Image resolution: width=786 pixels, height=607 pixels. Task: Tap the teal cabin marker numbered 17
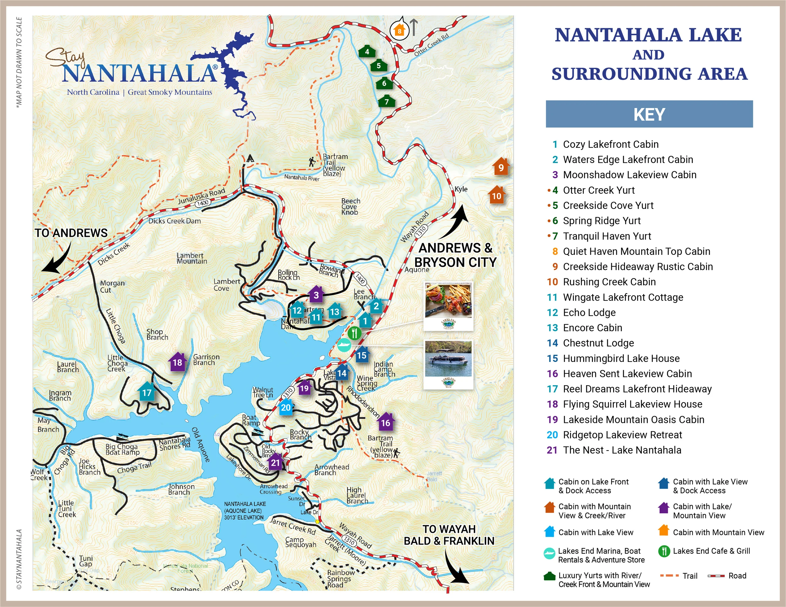(x=147, y=392)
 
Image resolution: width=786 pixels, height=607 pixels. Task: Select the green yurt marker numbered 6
(x=384, y=83)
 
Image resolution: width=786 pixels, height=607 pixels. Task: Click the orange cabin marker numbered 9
(x=501, y=167)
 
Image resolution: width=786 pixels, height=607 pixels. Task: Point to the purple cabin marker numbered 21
(x=275, y=462)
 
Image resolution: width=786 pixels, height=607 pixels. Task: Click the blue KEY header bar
(x=649, y=114)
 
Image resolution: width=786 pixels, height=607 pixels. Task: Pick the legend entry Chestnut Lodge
(x=598, y=343)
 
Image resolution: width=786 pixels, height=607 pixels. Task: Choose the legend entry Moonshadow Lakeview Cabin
(x=629, y=175)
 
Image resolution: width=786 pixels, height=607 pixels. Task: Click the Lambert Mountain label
(x=191, y=258)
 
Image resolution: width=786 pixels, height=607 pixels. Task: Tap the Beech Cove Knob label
(x=350, y=206)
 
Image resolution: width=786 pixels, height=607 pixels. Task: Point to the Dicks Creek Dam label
(x=174, y=221)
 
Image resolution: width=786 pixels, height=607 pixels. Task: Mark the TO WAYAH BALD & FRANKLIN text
(x=449, y=535)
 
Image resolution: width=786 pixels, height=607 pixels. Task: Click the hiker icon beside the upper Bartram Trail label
(x=312, y=162)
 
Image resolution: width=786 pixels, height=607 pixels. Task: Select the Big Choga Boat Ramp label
(x=122, y=449)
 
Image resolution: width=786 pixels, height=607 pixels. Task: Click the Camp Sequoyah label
(x=301, y=542)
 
